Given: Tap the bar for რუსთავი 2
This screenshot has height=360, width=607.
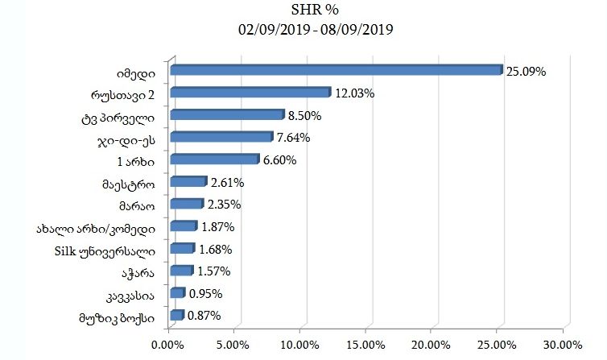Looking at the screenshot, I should pos(250,93).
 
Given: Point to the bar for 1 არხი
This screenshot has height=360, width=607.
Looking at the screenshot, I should pos(214,160).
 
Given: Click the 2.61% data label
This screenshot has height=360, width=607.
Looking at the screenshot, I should pos(226,183).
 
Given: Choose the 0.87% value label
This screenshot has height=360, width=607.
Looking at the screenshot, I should pos(204,316).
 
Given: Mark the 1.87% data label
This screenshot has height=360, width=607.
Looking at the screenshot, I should pos(217,227).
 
